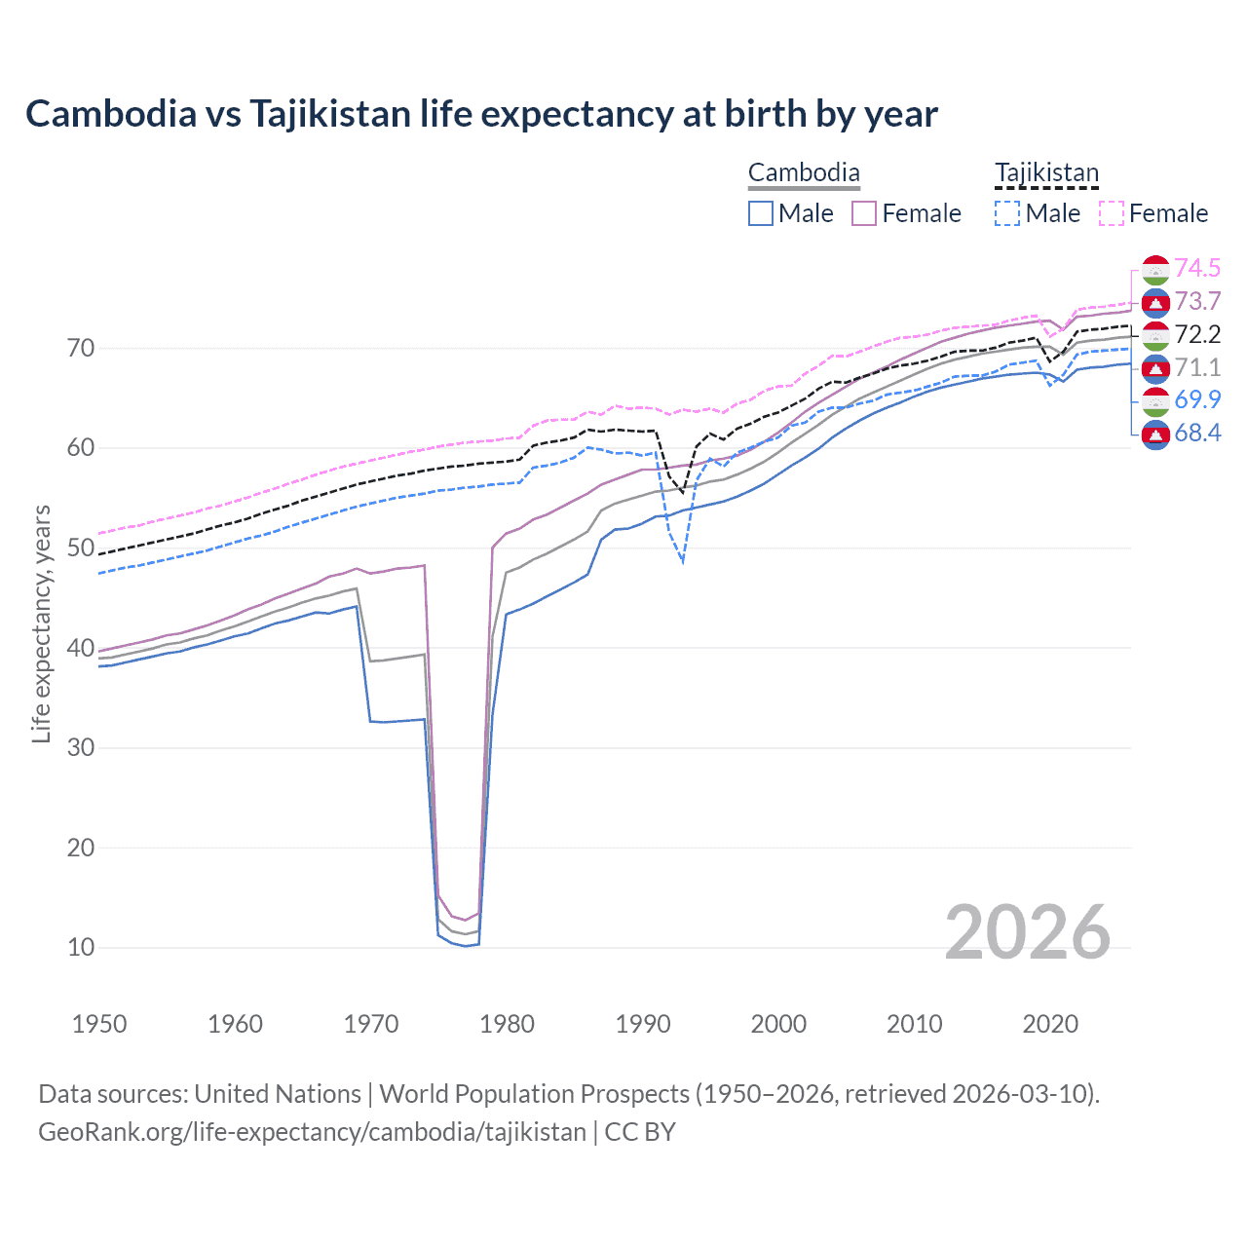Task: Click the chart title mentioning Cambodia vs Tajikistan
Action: pos(481,114)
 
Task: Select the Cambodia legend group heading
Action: pos(804,173)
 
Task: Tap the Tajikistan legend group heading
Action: pos(1046,173)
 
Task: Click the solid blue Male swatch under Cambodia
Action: pos(761,213)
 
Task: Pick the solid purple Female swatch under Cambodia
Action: pos(864,213)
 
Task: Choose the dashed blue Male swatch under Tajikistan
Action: pos(1007,213)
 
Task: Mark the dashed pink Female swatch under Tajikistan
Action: pos(1112,213)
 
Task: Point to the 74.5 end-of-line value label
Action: pos(1197,268)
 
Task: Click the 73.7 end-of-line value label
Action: pos(1197,301)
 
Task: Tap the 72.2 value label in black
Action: pos(1197,334)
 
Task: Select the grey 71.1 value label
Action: pos(1197,367)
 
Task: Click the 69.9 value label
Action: pos(1197,399)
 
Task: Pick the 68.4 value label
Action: pos(1197,433)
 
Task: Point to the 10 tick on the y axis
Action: pos(81,947)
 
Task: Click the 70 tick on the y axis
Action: pos(81,348)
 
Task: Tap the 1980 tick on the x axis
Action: pos(507,1024)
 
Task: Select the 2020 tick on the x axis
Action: pos(1050,1024)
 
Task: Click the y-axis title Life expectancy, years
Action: pos(41,623)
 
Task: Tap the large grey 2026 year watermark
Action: pos(1027,932)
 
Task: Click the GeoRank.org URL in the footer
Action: pos(312,1132)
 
